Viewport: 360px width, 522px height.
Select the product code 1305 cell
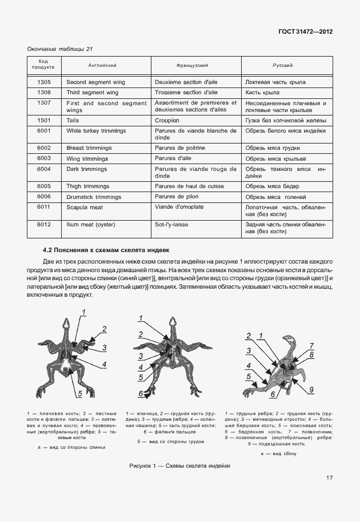tap(44, 82)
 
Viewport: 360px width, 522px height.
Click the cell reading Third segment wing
tap(93, 93)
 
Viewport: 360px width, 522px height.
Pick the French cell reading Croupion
tap(167, 121)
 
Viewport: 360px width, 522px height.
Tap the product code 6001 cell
tap(44, 131)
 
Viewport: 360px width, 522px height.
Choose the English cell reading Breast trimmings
tap(89, 148)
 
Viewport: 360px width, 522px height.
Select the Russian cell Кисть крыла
tap(262, 93)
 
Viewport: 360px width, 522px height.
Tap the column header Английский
tap(101, 66)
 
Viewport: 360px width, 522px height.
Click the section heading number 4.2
tap(50, 250)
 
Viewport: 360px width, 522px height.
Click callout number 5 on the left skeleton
tap(79, 394)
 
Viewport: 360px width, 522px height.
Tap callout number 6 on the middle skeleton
tap(141, 393)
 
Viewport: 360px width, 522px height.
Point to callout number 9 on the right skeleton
tap(311, 389)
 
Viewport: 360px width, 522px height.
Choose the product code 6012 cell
tap(44, 225)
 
